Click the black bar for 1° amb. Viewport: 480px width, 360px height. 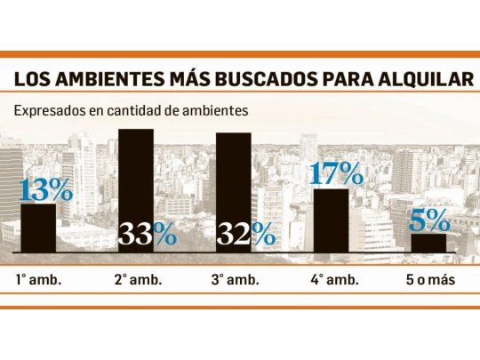pyautogui.click(x=38, y=229)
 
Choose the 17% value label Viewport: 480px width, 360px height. pyautogui.click(x=334, y=172)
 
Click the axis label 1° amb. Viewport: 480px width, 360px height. pyautogui.click(x=38, y=279)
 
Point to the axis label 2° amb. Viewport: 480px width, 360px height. pyautogui.click(x=136, y=279)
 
